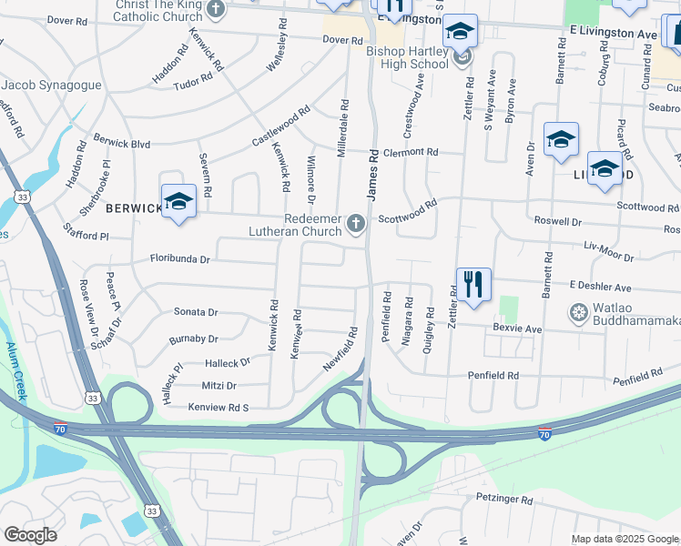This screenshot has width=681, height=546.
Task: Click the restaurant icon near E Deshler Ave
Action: pyautogui.click(x=471, y=285)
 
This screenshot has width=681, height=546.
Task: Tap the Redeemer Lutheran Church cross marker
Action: pyautogui.click(x=358, y=223)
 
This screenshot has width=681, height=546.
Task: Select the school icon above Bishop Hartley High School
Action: pyautogui.click(x=460, y=33)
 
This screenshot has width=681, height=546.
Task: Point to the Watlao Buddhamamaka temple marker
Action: pyautogui.click(x=577, y=315)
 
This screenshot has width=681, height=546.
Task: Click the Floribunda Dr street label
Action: pyautogui.click(x=180, y=259)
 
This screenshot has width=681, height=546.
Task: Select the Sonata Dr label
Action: pyautogui.click(x=196, y=311)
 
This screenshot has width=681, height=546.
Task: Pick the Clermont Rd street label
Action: pyautogui.click(x=410, y=152)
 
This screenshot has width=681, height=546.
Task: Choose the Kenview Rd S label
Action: pyautogui.click(x=219, y=408)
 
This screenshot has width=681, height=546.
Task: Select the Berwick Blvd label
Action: pyautogui.click(x=121, y=143)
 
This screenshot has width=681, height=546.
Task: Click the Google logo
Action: pyautogui.click(x=30, y=534)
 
